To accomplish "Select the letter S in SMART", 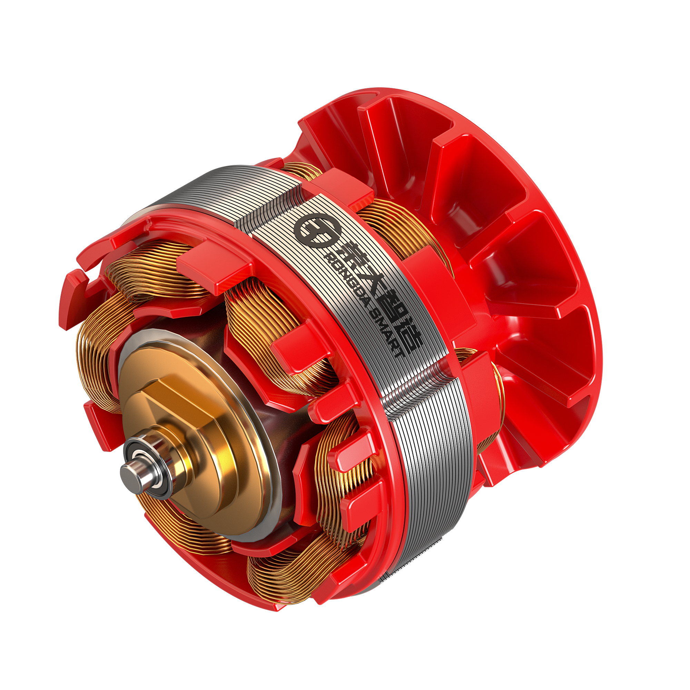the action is point(375,313).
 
